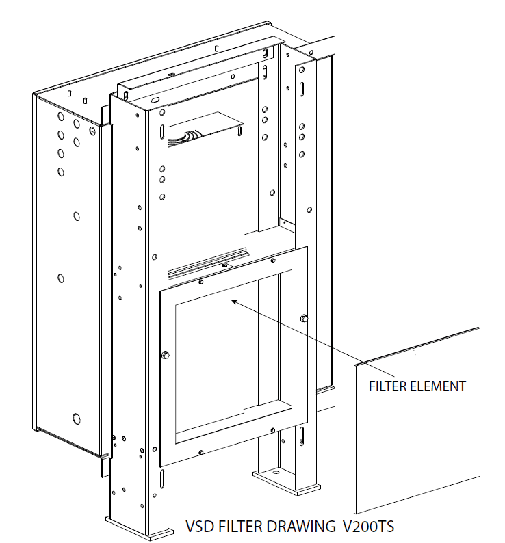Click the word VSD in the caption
click(x=198, y=527)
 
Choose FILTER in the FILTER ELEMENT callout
click(x=388, y=386)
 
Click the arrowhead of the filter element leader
click(x=234, y=300)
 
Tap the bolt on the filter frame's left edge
click(x=164, y=354)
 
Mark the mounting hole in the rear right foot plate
click(x=277, y=473)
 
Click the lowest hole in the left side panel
click(x=76, y=418)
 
